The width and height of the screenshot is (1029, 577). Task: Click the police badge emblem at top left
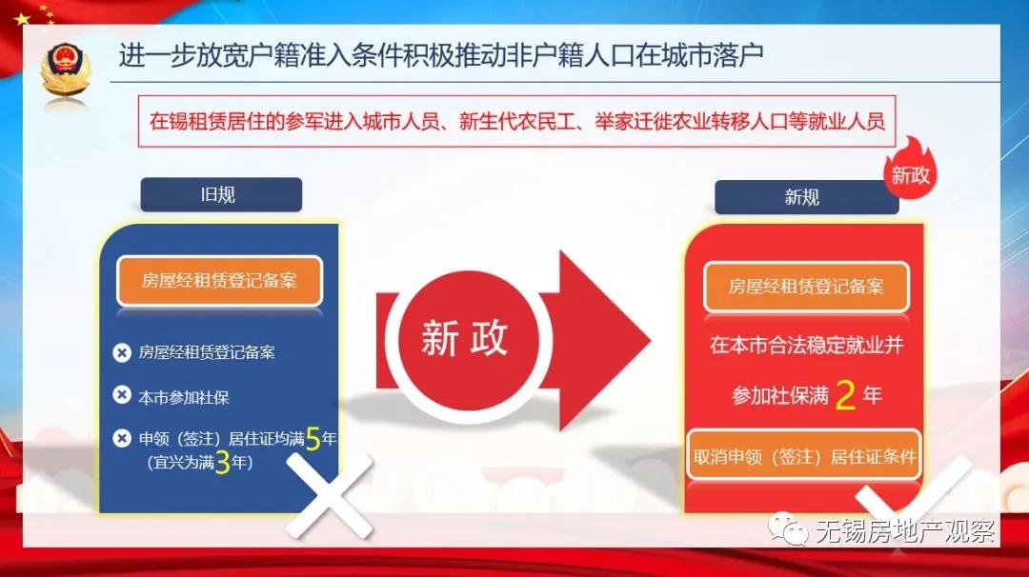pos(66,72)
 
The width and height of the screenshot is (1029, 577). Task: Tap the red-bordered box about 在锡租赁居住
pos(517,121)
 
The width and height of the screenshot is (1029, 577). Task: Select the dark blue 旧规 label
pos(221,195)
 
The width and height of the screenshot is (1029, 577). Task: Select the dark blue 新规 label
pos(801,197)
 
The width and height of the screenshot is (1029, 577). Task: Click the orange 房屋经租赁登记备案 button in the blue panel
pos(219,280)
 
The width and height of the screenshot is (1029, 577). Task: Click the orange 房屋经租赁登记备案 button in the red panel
pos(806,286)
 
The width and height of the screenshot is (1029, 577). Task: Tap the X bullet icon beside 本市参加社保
pos(122,395)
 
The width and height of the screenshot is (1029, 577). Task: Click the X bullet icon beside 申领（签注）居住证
pos(122,438)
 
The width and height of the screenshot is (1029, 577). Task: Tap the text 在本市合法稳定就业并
pos(805,346)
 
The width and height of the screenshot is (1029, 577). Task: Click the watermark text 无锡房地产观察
pos(905,531)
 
